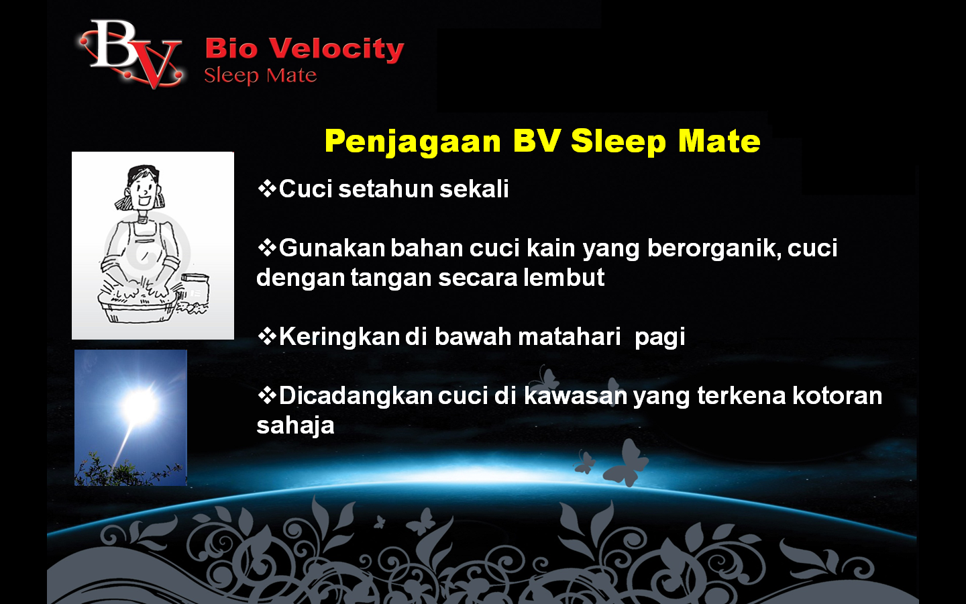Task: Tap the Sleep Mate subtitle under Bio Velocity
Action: point(260,75)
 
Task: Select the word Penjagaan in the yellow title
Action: point(413,142)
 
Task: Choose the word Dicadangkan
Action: point(356,396)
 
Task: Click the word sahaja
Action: point(295,425)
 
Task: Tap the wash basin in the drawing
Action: point(138,305)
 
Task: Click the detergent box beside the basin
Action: point(195,289)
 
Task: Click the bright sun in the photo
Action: point(140,405)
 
